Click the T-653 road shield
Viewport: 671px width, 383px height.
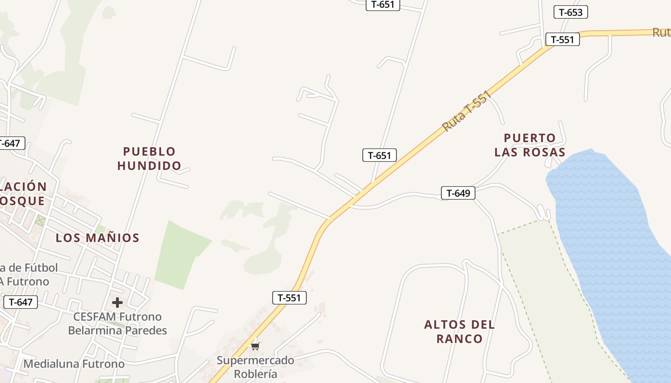point(570,12)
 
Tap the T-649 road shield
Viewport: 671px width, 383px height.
point(458,193)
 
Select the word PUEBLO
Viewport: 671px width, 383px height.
point(150,151)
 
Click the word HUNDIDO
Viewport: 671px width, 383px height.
point(150,166)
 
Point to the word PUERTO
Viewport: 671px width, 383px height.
point(530,138)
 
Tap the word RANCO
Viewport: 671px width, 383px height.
point(460,339)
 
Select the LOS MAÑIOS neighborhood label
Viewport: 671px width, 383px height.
point(97,238)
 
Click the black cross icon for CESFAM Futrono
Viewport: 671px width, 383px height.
point(117,303)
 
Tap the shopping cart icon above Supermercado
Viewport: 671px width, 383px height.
point(255,345)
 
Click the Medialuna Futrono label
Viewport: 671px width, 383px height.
point(74,364)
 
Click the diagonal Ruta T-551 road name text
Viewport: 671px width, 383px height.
point(467,112)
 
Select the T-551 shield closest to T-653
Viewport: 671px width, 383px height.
point(562,39)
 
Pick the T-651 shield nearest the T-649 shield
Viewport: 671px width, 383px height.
point(379,155)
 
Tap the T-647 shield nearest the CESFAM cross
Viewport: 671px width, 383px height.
point(20,302)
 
